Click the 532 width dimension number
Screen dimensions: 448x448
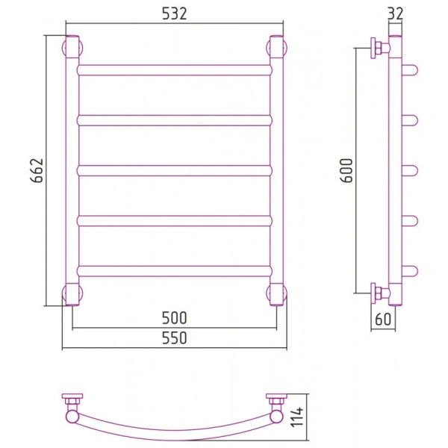coord(174,13)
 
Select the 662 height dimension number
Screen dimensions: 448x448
coord(37,170)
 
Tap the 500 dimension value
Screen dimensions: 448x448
coord(174,318)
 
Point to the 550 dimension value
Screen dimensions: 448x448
coord(174,338)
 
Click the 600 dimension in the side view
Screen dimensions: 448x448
coord(346,170)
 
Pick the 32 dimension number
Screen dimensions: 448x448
coord(396,13)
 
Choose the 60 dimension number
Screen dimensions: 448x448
coord(383,319)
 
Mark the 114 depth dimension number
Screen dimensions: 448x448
coord(297,417)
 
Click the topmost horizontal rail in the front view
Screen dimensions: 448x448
coord(174,70)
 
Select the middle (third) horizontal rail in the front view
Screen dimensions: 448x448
coord(174,170)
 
